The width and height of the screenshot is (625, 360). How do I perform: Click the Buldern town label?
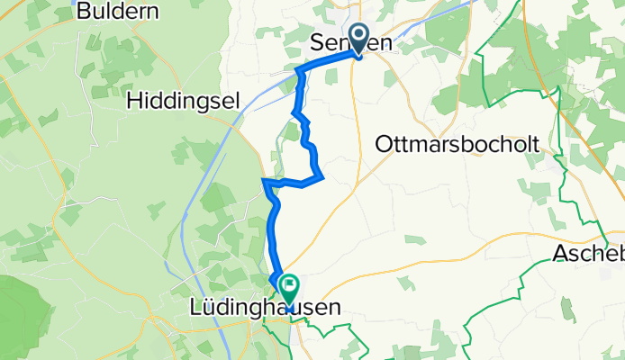[118, 12]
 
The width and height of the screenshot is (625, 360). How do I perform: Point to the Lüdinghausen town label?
[266, 308]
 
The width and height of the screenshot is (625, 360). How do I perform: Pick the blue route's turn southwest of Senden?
[300, 69]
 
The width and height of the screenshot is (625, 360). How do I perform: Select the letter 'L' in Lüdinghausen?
[196, 308]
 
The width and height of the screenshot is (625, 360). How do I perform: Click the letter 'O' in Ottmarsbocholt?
[382, 144]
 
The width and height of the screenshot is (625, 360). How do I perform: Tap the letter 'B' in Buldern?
[85, 12]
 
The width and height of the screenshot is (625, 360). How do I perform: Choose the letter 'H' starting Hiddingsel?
[135, 100]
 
